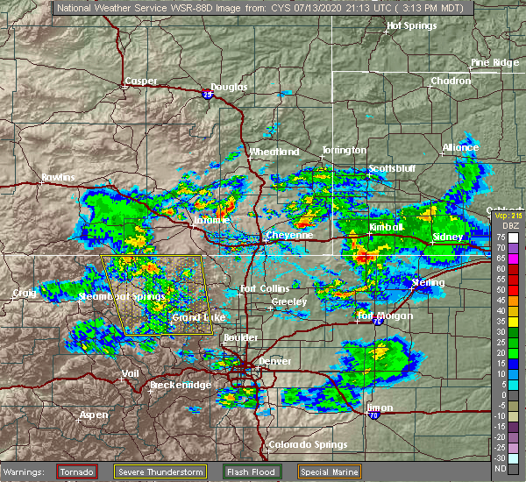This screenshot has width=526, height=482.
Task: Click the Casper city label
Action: click(140, 82)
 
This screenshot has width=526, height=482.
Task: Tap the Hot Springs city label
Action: click(413, 27)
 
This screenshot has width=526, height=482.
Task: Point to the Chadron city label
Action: click(451, 82)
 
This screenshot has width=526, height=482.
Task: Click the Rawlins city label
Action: click(58, 179)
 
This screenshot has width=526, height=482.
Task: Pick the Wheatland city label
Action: click(274, 152)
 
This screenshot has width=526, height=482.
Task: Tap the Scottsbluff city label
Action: click(391, 168)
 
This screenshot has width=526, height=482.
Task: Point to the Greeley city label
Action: click(288, 302)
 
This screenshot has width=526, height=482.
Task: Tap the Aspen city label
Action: click(94, 414)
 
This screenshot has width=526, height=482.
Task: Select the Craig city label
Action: click(24, 293)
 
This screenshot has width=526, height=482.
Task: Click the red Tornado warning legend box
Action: click(78, 471)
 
